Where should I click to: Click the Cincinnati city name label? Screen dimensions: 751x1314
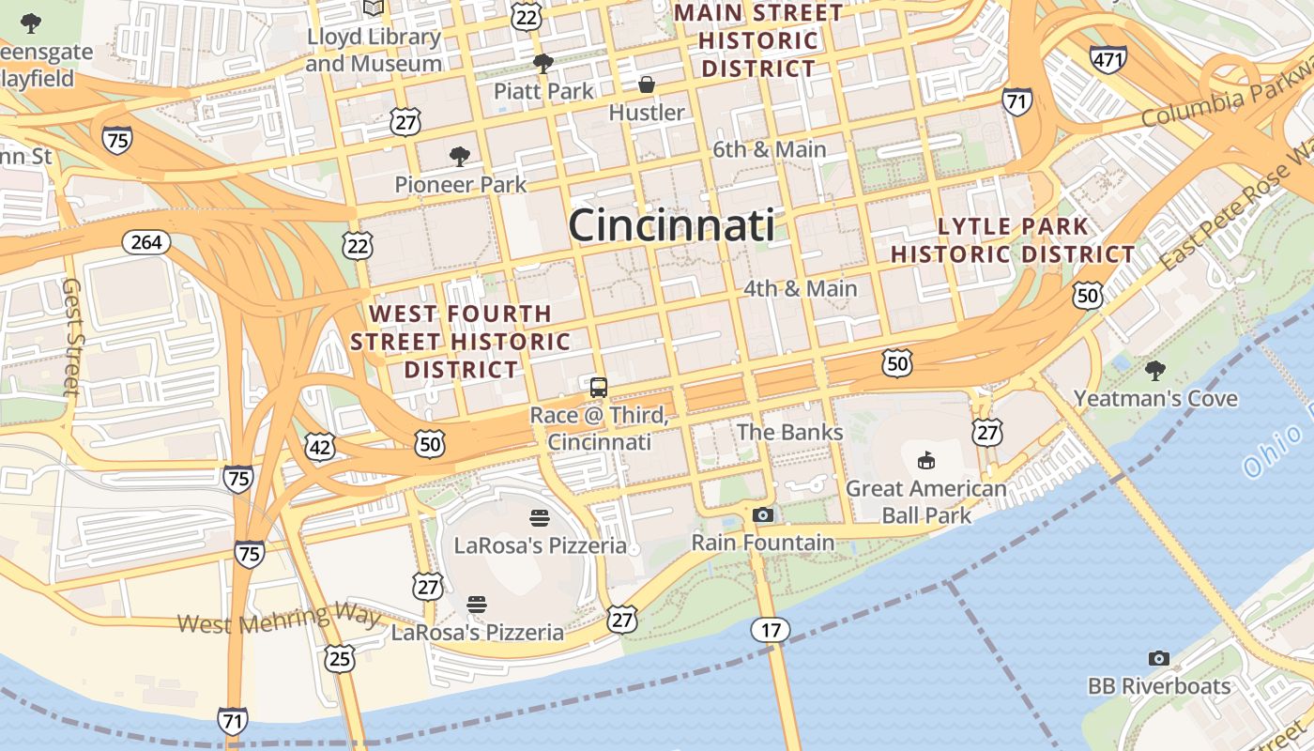pos(671,226)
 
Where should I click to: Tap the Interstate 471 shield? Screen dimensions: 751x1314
pos(1108,59)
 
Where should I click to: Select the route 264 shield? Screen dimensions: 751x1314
pos(146,242)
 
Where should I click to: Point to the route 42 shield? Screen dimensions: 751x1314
pos(320,448)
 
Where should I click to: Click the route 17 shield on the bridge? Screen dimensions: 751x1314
pos(770,630)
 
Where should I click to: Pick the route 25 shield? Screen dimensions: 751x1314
pos(339,658)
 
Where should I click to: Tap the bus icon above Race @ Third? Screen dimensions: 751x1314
pos(599,387)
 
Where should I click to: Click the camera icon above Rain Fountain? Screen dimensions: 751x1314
pos(763,514)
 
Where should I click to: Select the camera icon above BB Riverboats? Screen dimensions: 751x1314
pos(1159,658)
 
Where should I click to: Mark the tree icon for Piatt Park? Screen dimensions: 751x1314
pos(542,63)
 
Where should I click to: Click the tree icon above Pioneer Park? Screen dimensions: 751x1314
pos(459,156)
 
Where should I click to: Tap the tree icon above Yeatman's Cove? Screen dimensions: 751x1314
pos(1155,370)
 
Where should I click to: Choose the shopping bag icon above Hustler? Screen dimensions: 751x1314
pos(647,85)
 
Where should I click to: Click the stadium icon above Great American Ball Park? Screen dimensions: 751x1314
pos(925,460)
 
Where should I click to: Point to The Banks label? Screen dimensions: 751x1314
pos(789,432)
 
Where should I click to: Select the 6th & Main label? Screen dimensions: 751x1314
pos(770,149)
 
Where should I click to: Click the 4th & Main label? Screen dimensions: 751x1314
pos(800,288)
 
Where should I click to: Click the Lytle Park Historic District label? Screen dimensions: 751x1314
pos(1013,240)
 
